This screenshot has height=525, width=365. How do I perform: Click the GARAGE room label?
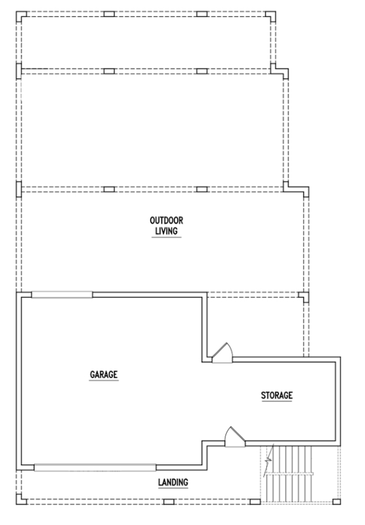[x=104, y=374]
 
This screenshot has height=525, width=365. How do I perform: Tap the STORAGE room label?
[x=276, y=395]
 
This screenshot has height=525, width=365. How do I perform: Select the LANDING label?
[x=173, y=482]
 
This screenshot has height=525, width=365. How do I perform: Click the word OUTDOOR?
[x=167, y=220]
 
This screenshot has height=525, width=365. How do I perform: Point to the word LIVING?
[x=167, y=231]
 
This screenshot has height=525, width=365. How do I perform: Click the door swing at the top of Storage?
[x=222, y=353]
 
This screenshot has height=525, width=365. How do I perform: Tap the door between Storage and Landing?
[x=235, y=437]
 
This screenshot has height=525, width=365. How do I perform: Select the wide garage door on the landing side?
[x=95, y=467]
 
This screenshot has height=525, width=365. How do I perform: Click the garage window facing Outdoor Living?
[x=62, y=294]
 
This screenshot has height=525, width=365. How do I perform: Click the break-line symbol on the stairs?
[x=268, y=460]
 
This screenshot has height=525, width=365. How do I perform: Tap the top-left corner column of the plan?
[x=21, y=16]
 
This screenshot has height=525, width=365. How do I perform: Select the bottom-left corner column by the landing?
[x=21, y=500]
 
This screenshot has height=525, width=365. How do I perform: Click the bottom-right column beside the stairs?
[x=336, y=502]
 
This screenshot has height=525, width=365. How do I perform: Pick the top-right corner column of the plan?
[x=271, y=16]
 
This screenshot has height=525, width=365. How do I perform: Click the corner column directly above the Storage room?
[x=304, y=297]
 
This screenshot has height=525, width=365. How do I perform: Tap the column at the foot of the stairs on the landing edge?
[x=255, y=502]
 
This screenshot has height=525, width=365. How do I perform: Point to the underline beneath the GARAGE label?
[x=104, y=380]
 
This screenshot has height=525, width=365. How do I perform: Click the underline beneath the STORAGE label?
[x=276, y=401]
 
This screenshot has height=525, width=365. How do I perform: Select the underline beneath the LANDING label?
[x=173, y=488]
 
